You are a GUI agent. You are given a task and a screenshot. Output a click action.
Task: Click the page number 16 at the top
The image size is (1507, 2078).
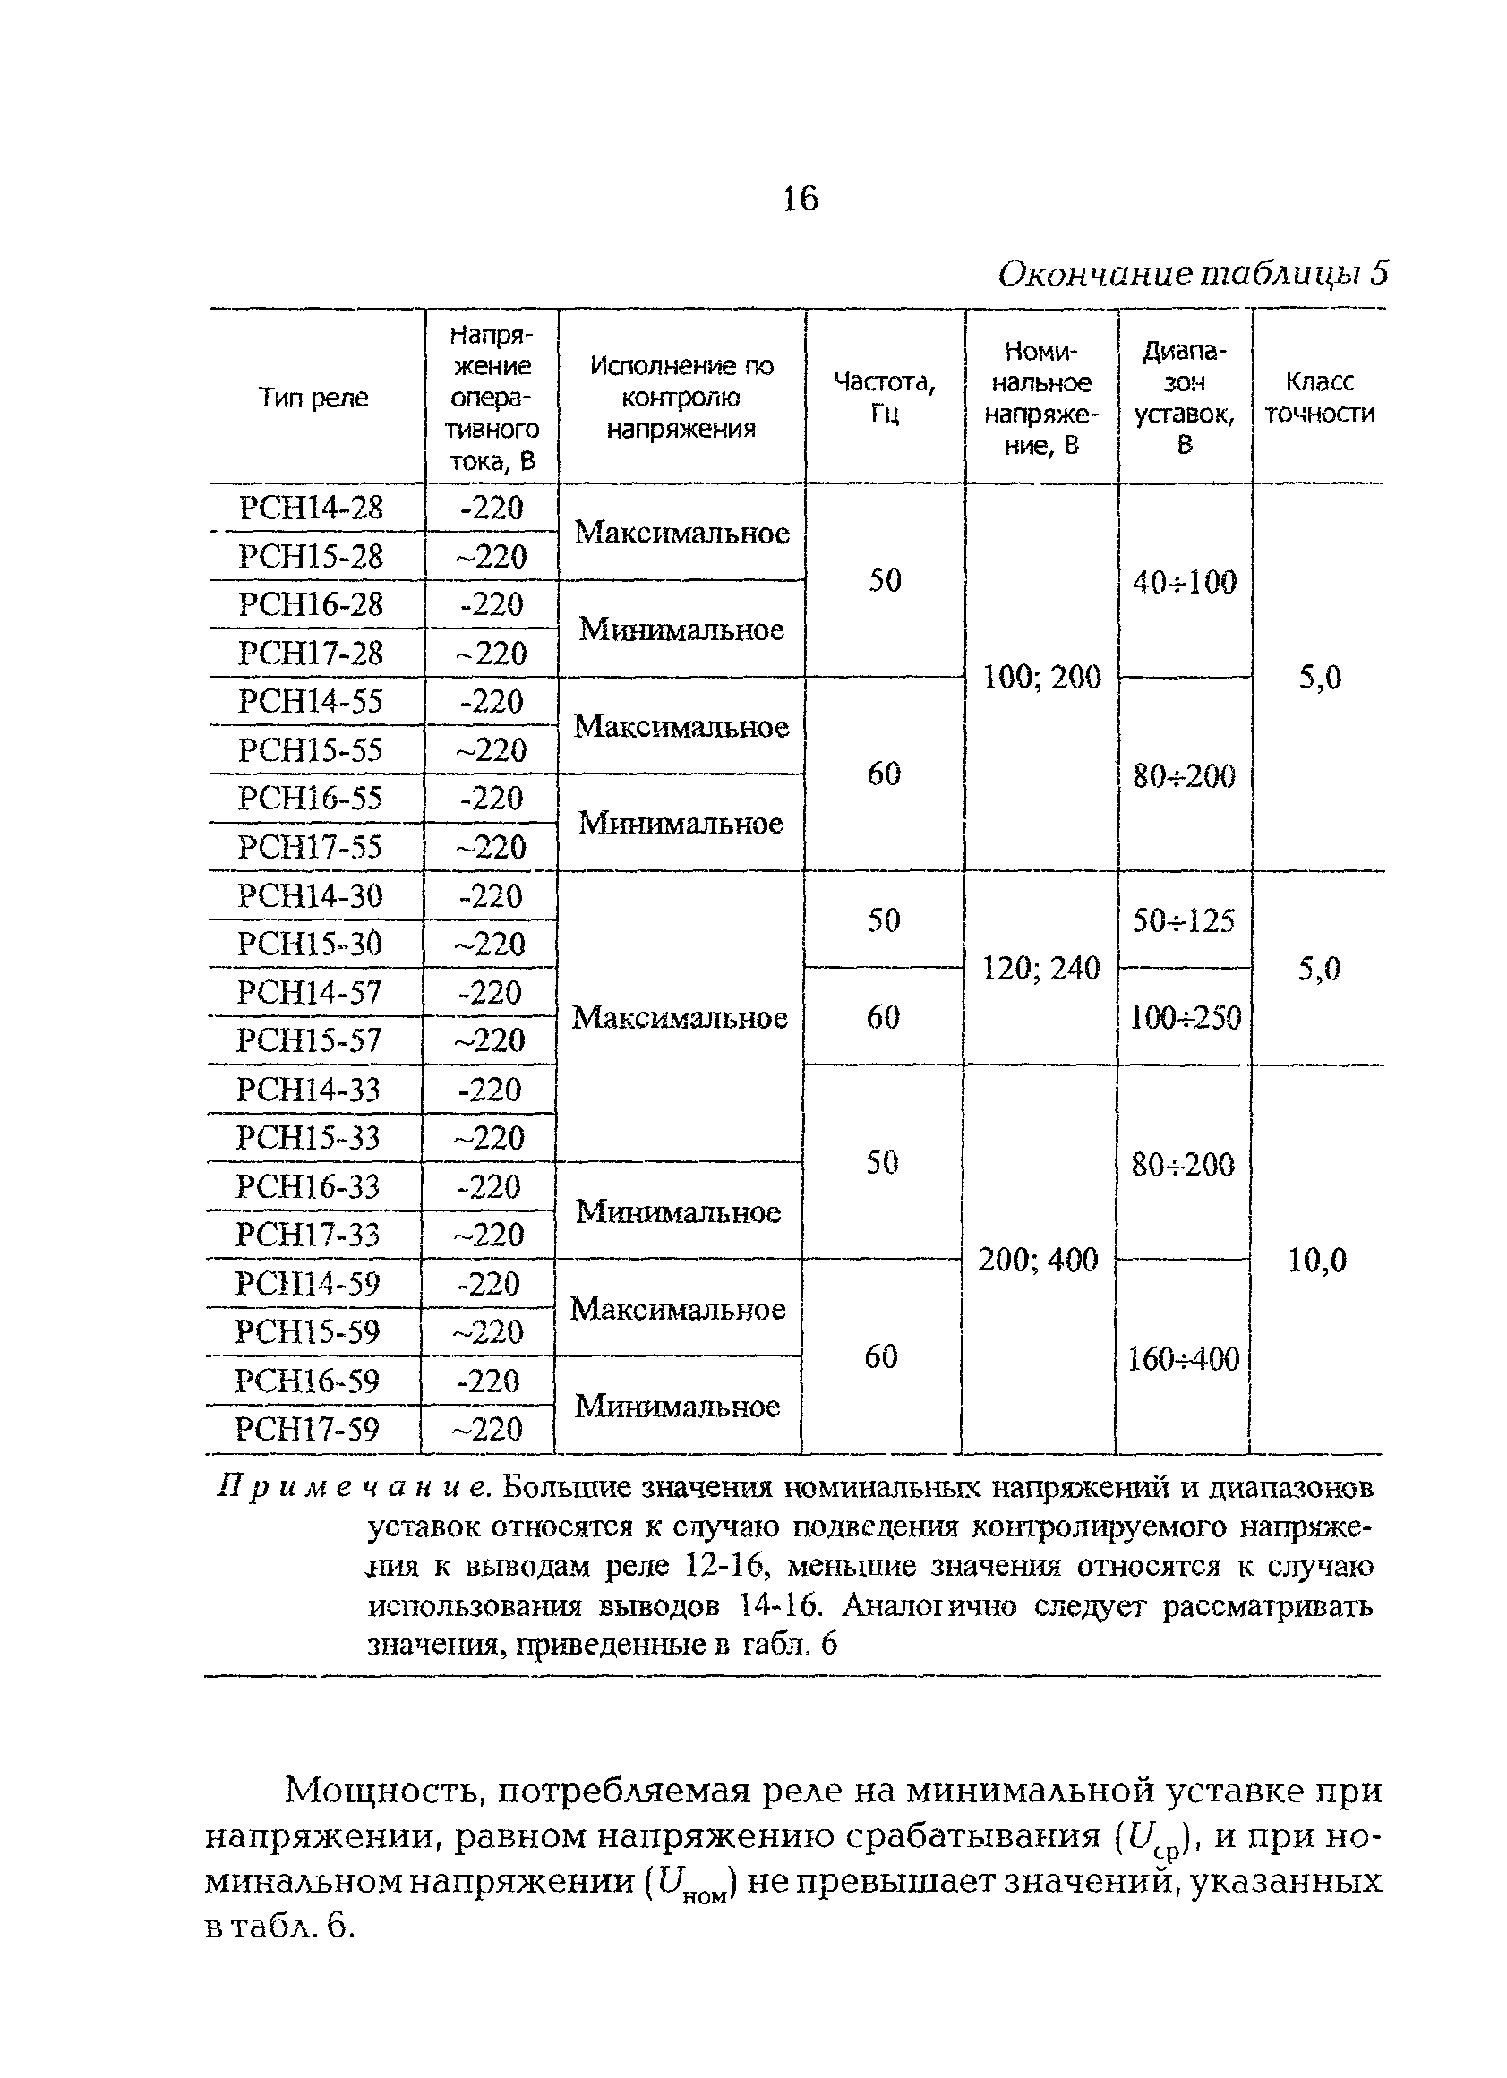800,198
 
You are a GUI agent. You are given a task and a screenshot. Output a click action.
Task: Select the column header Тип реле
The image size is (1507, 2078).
313,398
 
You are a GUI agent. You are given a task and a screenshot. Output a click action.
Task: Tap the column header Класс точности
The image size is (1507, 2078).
1319,398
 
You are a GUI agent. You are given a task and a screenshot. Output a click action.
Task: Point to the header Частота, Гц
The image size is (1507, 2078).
884,398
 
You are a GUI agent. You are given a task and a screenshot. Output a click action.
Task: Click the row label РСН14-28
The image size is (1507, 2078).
312,508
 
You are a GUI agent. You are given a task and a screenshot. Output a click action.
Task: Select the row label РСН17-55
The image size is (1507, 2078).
310,847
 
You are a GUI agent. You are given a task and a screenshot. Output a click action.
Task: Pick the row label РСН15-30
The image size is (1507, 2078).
310,944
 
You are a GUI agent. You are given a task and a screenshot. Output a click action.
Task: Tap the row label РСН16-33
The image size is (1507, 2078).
308,1186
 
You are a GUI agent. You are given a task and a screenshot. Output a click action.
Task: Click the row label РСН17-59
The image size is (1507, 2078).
307,1429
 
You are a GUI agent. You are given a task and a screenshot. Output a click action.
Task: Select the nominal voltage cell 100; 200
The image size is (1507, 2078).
1041,678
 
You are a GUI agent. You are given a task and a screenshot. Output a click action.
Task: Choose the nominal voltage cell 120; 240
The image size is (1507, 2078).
1040,969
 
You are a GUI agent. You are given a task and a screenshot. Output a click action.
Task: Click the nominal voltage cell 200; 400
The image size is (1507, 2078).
1038,1260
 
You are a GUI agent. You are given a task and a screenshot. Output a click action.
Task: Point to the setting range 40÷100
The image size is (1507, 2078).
1185,582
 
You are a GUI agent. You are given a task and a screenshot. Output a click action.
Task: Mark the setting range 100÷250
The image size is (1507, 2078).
1186,1017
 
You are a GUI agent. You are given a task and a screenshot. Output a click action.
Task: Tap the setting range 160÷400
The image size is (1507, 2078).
1184,1358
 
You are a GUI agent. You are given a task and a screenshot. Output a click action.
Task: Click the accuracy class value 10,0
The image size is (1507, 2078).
1317,1261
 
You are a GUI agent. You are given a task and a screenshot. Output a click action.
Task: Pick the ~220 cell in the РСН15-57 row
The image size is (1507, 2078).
490,1041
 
